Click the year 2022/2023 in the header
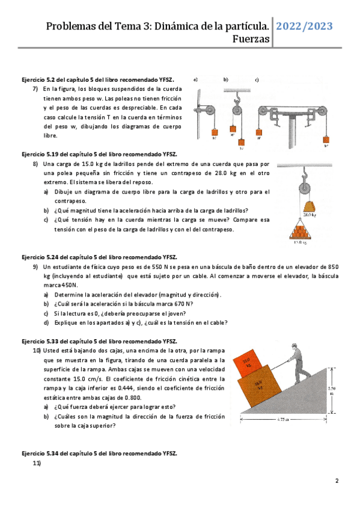[304, 26]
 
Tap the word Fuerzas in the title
[251, 39]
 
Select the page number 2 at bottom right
[337, 481]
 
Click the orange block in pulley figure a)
[215, 132]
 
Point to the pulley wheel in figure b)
[237, 110]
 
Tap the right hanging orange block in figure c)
[326, 140]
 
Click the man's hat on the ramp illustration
[294, 345]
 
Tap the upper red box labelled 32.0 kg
[248, 363]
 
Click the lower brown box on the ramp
[260, 386]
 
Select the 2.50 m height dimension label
[332, 391]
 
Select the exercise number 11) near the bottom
[37, 463]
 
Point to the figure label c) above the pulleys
[257, 79]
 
